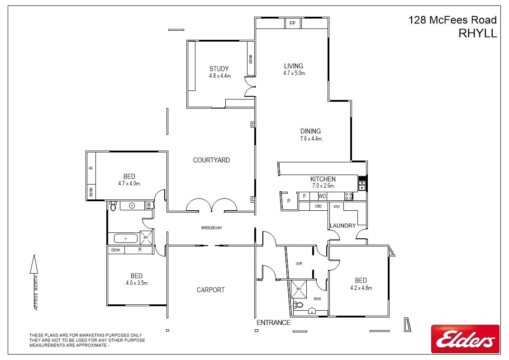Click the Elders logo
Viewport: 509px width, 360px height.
[x=465, y=339]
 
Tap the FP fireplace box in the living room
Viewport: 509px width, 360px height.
[x=292, y=23]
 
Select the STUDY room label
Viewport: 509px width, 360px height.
[x=219, y=69]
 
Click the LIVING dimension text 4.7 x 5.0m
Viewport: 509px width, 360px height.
[x=294, y=73]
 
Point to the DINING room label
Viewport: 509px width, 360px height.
[x=310, y=132]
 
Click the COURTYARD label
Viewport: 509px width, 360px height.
[x=211, y=160]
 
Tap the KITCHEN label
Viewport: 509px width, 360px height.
[x=323, y=179]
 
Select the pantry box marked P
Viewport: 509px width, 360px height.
[x=288, y=201]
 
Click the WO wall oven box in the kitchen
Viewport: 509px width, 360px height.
[x=322, y=196]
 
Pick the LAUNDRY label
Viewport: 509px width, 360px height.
[x=343, y=226]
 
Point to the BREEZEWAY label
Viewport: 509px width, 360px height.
[x=212, y=228]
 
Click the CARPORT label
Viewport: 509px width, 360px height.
[x=210, y=290]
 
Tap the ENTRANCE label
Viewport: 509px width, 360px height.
[x=273, y=322]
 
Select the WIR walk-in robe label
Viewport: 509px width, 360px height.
[x=299, y=263]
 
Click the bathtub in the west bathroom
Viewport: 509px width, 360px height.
[x=125, y=238]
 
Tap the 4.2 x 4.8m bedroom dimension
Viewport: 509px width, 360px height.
[x=361, y=288]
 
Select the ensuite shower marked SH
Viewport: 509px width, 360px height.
[x=299, y=289]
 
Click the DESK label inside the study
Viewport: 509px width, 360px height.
[x=251, y=59]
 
